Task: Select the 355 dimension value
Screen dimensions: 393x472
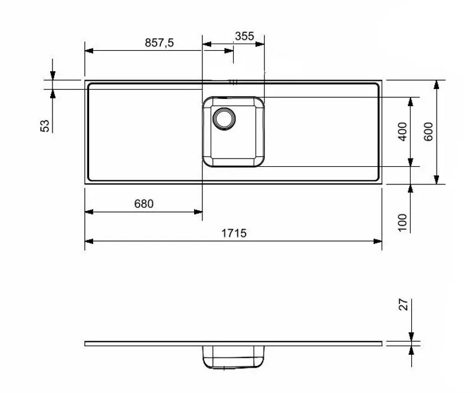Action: [x=244, y=36]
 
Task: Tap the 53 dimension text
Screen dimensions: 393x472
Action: [x=45, y=125]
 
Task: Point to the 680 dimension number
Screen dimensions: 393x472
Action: [x=143, y=204]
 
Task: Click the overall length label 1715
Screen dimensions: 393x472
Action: [x=234, y=233]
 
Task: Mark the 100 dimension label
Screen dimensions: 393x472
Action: [x=402, y=222]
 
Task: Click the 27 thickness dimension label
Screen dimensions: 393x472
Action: [x=403, y=305]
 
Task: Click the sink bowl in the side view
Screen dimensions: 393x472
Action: [x=234, y=356]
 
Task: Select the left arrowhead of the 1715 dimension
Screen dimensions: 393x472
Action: [x=89, y=240]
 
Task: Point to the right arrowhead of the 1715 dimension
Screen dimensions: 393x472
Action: [x=378, y=240]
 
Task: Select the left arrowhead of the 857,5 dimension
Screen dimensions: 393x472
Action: [x=89, y=50]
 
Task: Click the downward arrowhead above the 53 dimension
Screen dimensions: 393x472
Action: [x=53, y=75]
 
